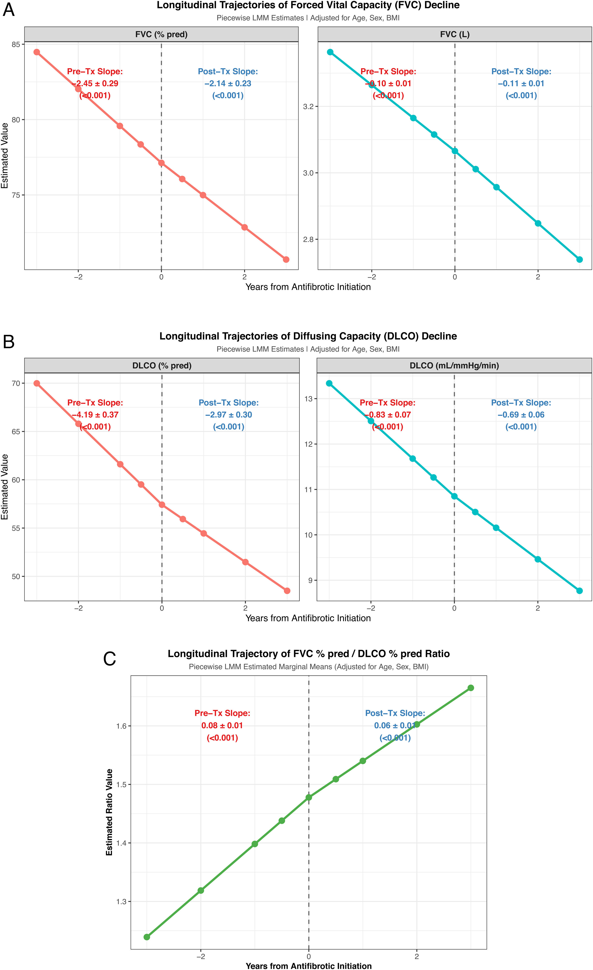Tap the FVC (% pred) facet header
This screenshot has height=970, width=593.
(x=162, y=34)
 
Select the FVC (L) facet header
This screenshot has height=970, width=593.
(x=455, y=34)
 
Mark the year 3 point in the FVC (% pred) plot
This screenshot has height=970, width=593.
(x=286, y=259)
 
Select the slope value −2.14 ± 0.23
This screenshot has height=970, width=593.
(x=228, y=83)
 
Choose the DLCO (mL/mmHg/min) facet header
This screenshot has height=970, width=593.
(x=454, y=366)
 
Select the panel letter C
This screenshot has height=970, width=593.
(x=109, y=659)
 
